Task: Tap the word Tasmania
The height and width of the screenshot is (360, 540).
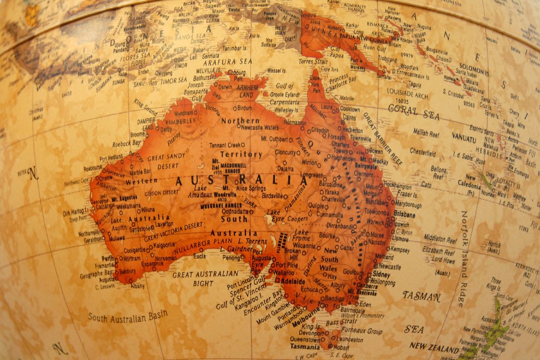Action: [305, 347]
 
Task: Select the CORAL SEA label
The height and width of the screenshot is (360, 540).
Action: [414, 112]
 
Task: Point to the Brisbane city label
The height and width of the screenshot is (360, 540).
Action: [405, 215]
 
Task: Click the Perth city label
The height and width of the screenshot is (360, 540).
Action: [108, 259]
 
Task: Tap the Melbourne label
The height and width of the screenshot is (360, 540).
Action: [306, 324]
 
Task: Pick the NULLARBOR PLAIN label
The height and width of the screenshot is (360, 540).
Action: [200, 249]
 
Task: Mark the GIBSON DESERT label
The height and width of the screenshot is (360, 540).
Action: [162, 193]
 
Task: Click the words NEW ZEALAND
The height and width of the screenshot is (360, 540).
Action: [434, 347]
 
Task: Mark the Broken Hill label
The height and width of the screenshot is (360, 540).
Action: [292, 254]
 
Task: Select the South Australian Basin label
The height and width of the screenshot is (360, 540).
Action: [128, 315]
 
